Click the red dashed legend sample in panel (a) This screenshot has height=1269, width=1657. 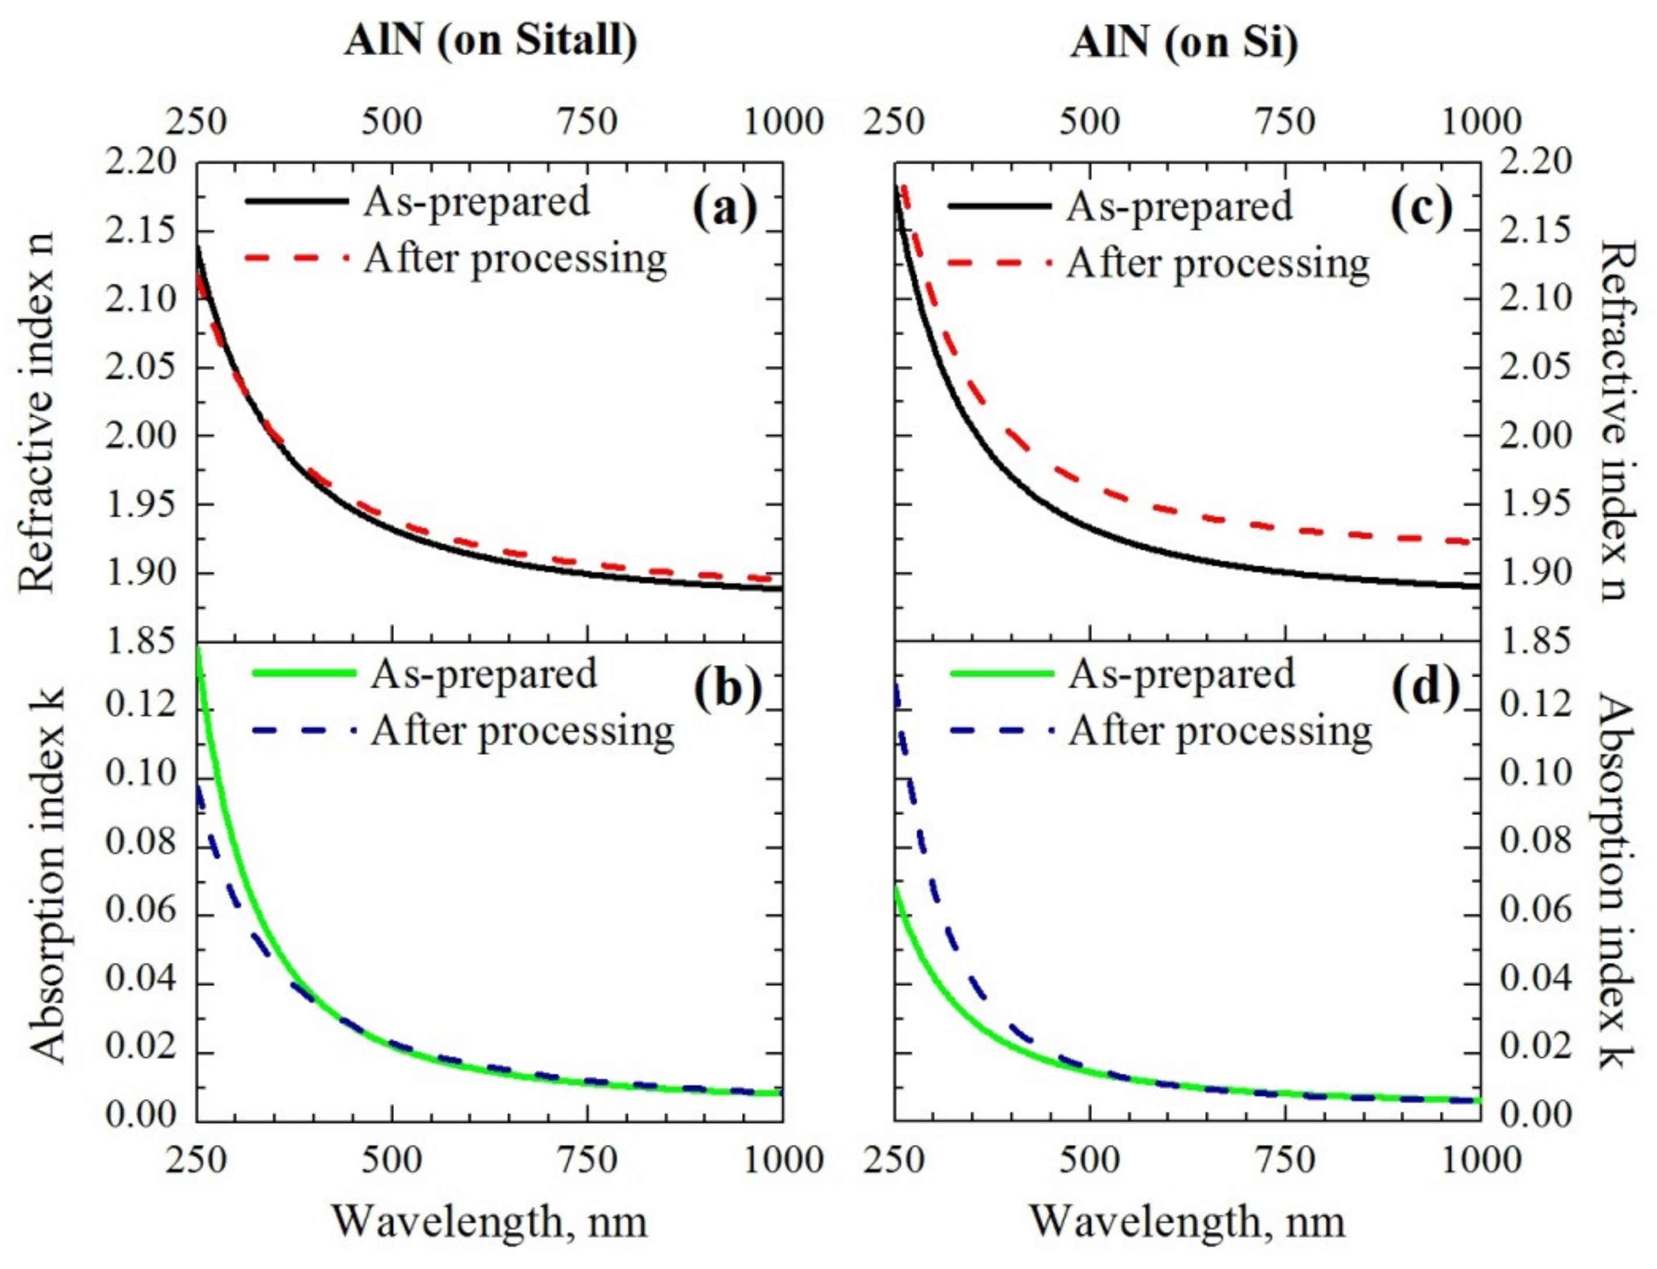pos(296,259)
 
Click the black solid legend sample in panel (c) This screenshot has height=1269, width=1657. pos(998,206)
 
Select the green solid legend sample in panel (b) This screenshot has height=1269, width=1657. pos(304,672)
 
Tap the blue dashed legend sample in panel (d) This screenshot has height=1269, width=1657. pos(1000,730)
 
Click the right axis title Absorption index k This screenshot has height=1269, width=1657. pos(1616,884)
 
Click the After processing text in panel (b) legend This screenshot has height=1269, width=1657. pos(523,731)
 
